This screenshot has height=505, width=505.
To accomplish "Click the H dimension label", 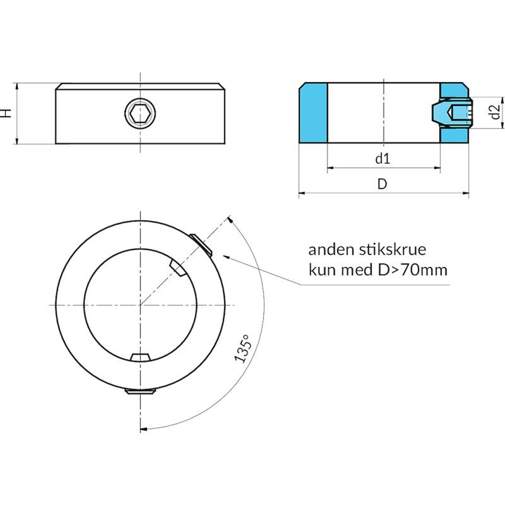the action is (6, 113).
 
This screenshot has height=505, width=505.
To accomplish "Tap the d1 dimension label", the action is (383, 159).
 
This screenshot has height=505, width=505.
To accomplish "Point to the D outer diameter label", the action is (382, 184).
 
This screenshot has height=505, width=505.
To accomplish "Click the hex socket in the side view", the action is (140, 113).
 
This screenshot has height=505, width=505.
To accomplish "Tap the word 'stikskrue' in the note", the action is (393, 250).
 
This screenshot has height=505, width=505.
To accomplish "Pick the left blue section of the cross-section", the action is (313, 113).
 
